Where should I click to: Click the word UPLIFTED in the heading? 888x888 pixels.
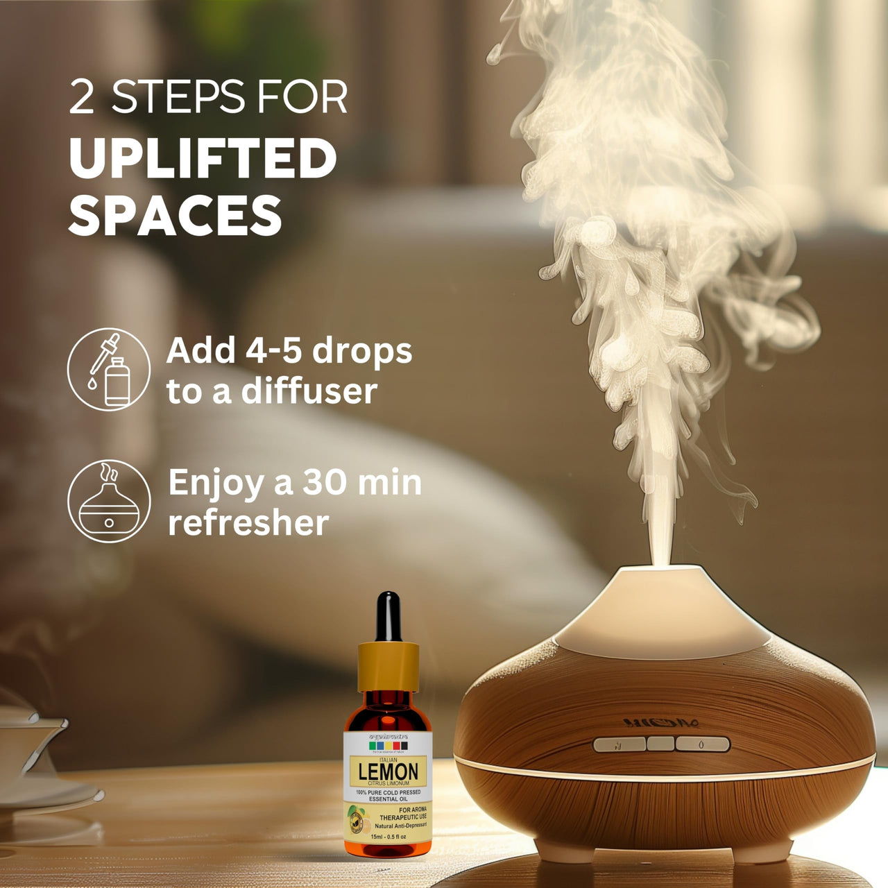(x=203, y=159)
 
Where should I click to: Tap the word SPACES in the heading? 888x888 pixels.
(x=175, y=216)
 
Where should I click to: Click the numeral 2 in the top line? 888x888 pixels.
(x=82, y=98)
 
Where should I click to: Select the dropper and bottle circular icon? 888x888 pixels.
(x=109, y=370)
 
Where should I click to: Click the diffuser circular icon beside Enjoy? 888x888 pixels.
(x=109, y=501)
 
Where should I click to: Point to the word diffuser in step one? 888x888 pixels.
(x=309, y=391)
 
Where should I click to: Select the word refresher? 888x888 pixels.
(x=248, y=522)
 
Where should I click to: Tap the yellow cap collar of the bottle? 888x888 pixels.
(x=388, y=667)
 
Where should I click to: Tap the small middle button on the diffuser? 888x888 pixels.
(x=660, y=744)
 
